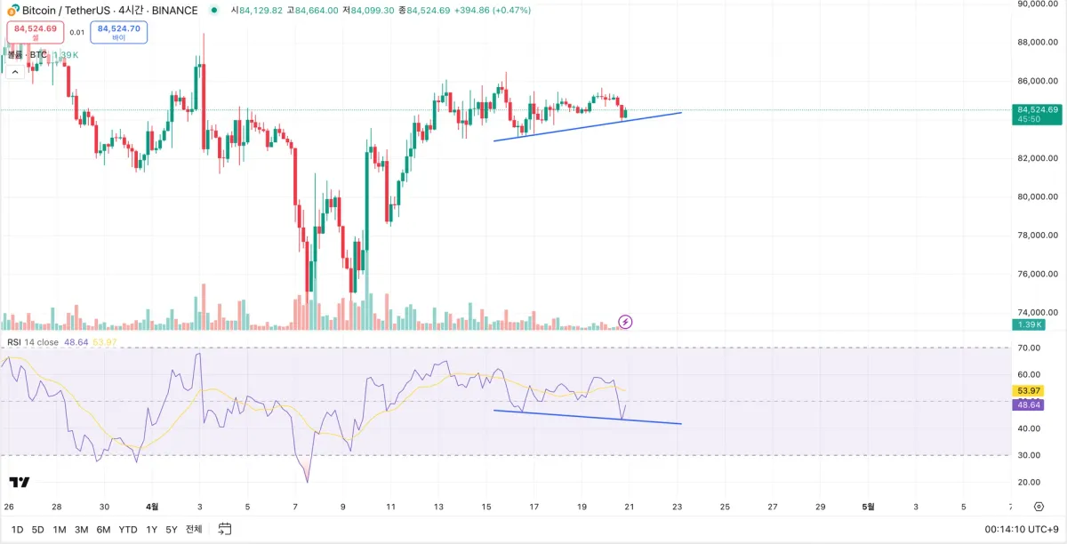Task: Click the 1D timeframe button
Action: click(x=17, y=529)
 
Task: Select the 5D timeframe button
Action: click(x=38, y=529)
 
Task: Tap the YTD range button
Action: click(x=128, y=529)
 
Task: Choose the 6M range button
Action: click(x=104, y=529)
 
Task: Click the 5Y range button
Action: click(x=172, y=529)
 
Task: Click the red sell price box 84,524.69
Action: click(x=35, y=32)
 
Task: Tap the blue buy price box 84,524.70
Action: click(x=118, y=32)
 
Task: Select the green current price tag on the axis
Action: click(x=1036, y=114)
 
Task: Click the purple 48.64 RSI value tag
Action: click(x=1029, y=404)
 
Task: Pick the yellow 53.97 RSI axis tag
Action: click(x=1029, y=391)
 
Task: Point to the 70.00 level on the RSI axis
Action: click(x=1029, y=348)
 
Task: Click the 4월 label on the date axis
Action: click(x=152, y=507)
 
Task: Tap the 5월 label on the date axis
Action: click(x=868, y=507)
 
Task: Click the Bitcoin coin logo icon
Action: click(x=12, y=10)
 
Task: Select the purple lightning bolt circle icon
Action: click(x=625, y=321)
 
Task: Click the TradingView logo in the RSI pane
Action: click(x=20, y=482)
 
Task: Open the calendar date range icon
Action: click(x=225, y=529)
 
